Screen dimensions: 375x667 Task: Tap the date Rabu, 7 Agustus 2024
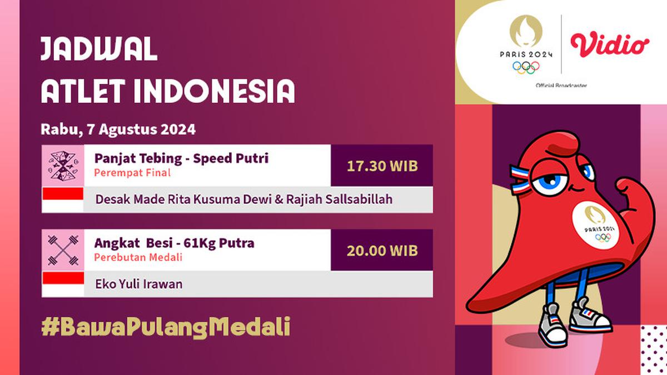point(118,130)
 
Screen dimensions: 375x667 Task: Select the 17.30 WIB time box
point(382,166)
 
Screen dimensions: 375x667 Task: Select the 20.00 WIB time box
point(382,251)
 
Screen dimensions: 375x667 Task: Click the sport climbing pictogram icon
point(63,166)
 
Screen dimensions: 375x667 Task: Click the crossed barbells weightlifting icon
point(63,251)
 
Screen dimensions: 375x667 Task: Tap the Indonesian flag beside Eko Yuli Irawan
point(63,284)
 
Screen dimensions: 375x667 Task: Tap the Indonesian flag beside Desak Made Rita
point(63,199)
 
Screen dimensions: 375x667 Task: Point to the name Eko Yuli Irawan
point(139,284)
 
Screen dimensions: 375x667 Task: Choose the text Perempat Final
point(132,173)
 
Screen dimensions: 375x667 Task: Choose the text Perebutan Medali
point(138,258)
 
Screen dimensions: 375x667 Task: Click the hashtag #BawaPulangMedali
point(166,327)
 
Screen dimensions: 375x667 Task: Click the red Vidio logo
point(609,44)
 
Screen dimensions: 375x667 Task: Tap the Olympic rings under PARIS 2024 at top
point(526,67)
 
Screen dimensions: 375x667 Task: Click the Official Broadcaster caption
point(561,85)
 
